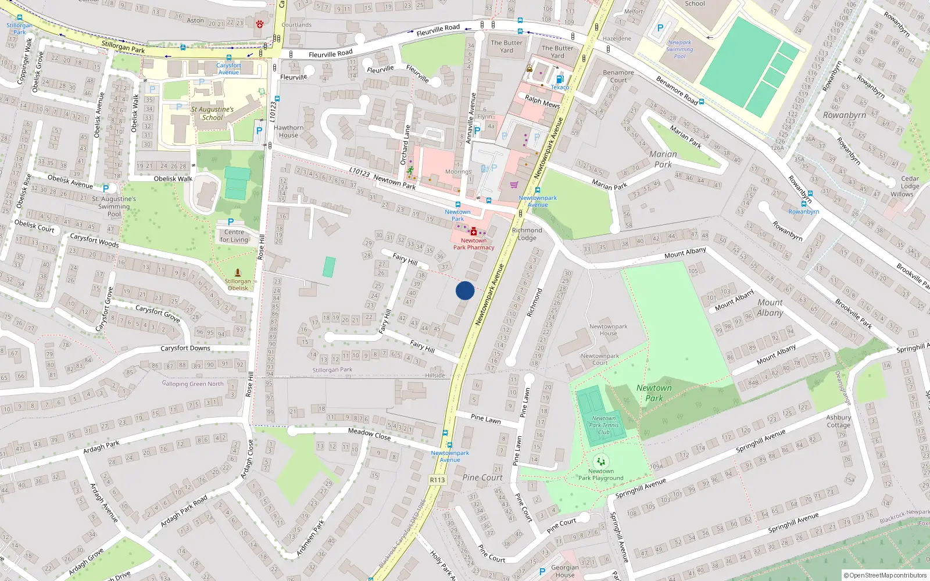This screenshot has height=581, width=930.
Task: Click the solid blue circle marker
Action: coord(465,290)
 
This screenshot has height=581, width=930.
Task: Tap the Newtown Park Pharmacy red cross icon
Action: coord(474,232)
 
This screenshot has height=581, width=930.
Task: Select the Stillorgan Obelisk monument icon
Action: coord(238,272)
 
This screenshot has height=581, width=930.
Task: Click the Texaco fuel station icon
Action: coord(560,79)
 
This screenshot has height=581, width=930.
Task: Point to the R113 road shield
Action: coord(437,480)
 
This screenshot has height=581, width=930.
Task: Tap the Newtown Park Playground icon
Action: coord(601,462)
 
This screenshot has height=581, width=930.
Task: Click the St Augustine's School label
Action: coord(212,113)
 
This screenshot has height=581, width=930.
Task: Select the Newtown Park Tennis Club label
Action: coord(604,425)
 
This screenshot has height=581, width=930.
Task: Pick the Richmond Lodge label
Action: coord(527,234)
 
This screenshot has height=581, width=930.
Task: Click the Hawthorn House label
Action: coord(288,131)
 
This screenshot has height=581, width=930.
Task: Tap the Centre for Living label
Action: coord(234,236)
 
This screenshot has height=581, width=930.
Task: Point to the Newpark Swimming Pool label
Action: coord(679,49)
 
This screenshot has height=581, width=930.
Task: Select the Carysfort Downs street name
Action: coord(185,348)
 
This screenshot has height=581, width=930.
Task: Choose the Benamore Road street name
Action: coord(677,91)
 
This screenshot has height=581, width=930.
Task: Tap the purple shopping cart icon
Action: coord(514,185)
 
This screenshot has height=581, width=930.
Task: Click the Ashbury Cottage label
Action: coord(838,421)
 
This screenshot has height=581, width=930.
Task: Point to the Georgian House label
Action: coord(564,571)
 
